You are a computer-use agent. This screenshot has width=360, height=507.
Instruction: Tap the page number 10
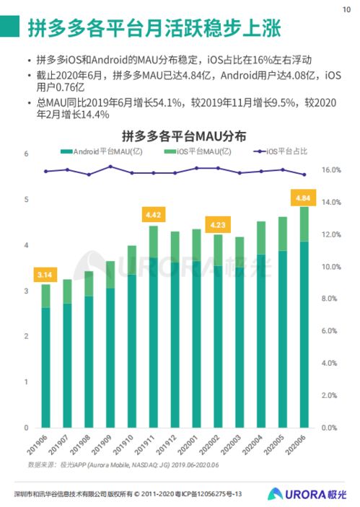[346, 9]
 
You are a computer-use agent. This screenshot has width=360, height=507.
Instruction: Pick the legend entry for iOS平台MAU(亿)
[201, 152]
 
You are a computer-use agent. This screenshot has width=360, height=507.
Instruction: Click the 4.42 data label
[153, 215]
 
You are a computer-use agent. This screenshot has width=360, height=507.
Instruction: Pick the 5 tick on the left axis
[25, 200]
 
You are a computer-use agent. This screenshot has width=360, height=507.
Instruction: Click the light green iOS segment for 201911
[153, 242]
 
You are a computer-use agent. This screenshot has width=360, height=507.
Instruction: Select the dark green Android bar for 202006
[304, 332]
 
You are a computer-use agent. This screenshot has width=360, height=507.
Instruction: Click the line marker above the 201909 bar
[110, 167]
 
